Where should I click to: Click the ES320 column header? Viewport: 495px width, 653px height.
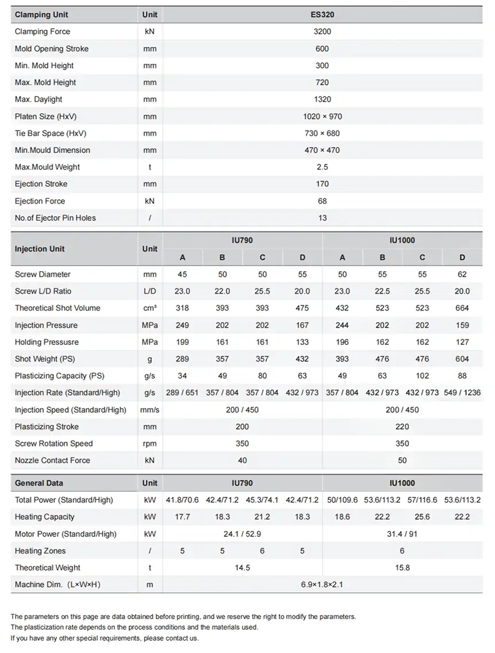(x=322, y=15)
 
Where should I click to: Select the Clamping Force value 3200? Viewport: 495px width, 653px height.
(x=322, y=32)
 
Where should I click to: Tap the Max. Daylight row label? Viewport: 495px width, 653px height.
(x=39, y=99)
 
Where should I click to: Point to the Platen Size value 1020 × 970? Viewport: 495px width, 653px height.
(x=322, y=117)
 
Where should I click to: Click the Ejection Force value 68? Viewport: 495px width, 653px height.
(x=322, y=201)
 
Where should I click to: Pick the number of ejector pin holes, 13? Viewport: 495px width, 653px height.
(x=322, y=218)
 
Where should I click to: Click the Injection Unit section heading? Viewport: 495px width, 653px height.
(x=40, y=249)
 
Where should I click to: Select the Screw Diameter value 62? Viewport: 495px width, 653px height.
(x=462, y=274)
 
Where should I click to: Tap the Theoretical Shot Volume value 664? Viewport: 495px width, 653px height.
(x=462, y=308)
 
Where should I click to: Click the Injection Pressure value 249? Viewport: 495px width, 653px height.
(x=182, y=325)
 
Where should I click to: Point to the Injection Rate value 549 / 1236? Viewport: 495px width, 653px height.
(x=462, y=393)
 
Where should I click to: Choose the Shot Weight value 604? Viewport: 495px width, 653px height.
(x=462, y=359)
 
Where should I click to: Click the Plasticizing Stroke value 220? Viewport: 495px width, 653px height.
(x=402, y=427)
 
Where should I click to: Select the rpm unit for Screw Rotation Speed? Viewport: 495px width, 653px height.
(x=149, y=444)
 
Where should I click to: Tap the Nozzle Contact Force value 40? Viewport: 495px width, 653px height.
(x=242, y=460)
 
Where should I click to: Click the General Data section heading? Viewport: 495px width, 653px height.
(x=39, y=483)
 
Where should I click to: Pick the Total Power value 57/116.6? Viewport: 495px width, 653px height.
(x=422, y=500)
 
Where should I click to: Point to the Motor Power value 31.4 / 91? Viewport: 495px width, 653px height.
(x=402, y=534)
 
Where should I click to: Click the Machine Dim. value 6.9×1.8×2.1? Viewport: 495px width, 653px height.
(x=322, y=585)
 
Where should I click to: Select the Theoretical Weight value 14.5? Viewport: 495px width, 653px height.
(x=242, y=568)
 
